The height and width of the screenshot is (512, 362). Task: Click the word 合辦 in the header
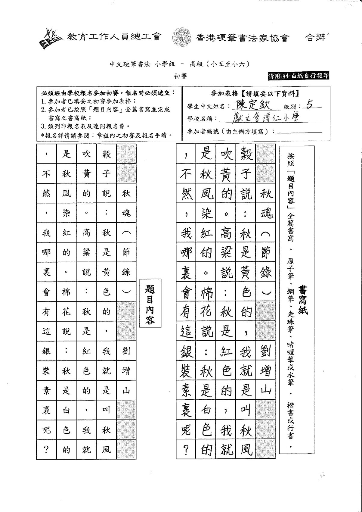pyautogui.click(x=315, y=38)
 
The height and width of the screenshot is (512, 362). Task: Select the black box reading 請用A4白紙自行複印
pyautogui.click(x=299, y=76)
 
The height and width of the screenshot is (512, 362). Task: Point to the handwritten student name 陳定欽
pyautogui.click(x=253, y=105)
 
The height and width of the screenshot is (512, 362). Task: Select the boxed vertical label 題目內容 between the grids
pyautogui.click(x=150, y=303)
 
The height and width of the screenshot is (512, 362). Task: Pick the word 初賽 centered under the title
pyautogui.click(x=180, y=76)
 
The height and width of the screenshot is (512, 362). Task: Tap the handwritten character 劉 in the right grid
pyautogui.click(x=265, y=351)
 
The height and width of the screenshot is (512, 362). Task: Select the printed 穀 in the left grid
pyautogui.click(x=107, y=154)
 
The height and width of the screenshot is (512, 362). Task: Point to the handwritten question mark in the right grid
pyautogui.click(x=186, y=449)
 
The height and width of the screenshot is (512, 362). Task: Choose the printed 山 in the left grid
pyautogui.click(x=126, y=391)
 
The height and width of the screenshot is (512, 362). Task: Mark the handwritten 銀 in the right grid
pyautogui.click(x=186, y=351)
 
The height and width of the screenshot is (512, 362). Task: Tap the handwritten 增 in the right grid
pyautogui.click(x=265, y=371)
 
